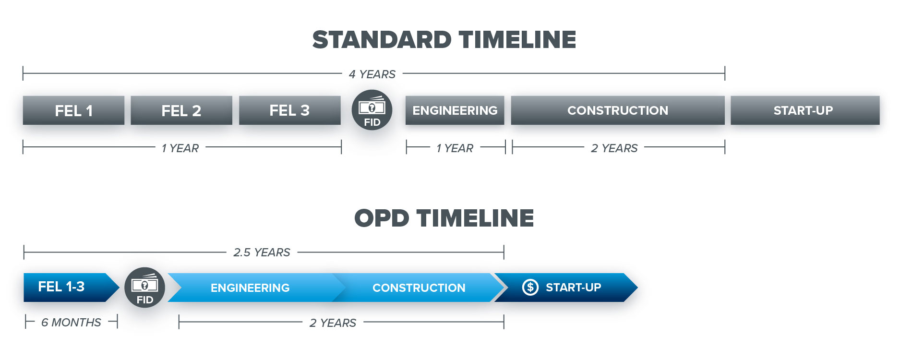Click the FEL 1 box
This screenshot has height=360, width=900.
click(x=73, y=110)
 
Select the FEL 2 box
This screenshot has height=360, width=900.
click(x=181, y=110)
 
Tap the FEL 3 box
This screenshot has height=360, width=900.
click(x=289, y=110)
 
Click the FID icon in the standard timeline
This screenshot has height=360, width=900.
click(x=372, y=110)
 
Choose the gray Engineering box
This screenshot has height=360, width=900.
click(x=455, y=110)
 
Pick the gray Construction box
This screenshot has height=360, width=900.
click(x=617, y=110)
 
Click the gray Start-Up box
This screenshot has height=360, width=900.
click(x=804, y=110)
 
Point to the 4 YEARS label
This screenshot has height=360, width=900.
click(x=372, y=74)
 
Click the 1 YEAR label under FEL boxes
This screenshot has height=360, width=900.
click(x=180, y=148)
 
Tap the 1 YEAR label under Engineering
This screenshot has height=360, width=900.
click(x=455, y=148)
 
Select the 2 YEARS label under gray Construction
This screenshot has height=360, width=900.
click(x=614, y=148)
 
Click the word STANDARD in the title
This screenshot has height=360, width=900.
click(x=382, y=40)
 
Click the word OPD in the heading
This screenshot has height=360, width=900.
click(x=382, y=218)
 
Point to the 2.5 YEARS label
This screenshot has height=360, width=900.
click(x=262, y=252)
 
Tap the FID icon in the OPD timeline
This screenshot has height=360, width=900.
click(x=144, y=288)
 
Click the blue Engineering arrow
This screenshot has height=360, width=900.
click(x=250, y=288)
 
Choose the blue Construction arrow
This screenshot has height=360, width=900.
click(x=419, y=288)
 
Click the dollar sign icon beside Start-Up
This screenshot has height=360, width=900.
click(x=530, y=288)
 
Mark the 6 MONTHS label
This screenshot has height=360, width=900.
click(x=71, y=323)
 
